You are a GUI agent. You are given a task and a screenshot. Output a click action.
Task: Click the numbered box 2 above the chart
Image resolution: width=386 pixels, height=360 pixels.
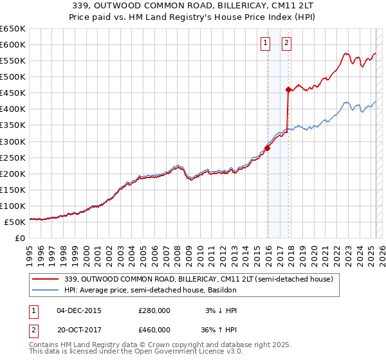coord(286,44)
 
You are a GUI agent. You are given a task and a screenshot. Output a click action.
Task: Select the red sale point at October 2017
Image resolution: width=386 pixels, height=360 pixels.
coord(288,90)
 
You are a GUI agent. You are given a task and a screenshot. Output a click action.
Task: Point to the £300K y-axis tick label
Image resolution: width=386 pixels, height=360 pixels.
coord(13,141)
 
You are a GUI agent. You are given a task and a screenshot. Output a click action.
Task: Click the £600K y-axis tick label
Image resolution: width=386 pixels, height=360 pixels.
coord(13,44)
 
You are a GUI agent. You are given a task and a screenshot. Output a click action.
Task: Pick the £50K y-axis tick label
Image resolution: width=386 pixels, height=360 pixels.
coord(15,222)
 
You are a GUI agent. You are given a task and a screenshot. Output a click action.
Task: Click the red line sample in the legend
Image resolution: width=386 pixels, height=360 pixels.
coord(46,279)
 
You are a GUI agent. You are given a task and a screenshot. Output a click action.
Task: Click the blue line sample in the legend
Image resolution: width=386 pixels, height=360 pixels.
coord(46,291)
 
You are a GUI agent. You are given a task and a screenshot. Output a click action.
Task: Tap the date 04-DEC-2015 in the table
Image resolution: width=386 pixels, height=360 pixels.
coord(80,310)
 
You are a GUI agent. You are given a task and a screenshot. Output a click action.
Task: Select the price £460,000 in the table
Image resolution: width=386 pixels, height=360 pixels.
coord(154,332)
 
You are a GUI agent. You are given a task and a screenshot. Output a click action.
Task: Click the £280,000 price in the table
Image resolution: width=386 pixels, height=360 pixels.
coord(154,310)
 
